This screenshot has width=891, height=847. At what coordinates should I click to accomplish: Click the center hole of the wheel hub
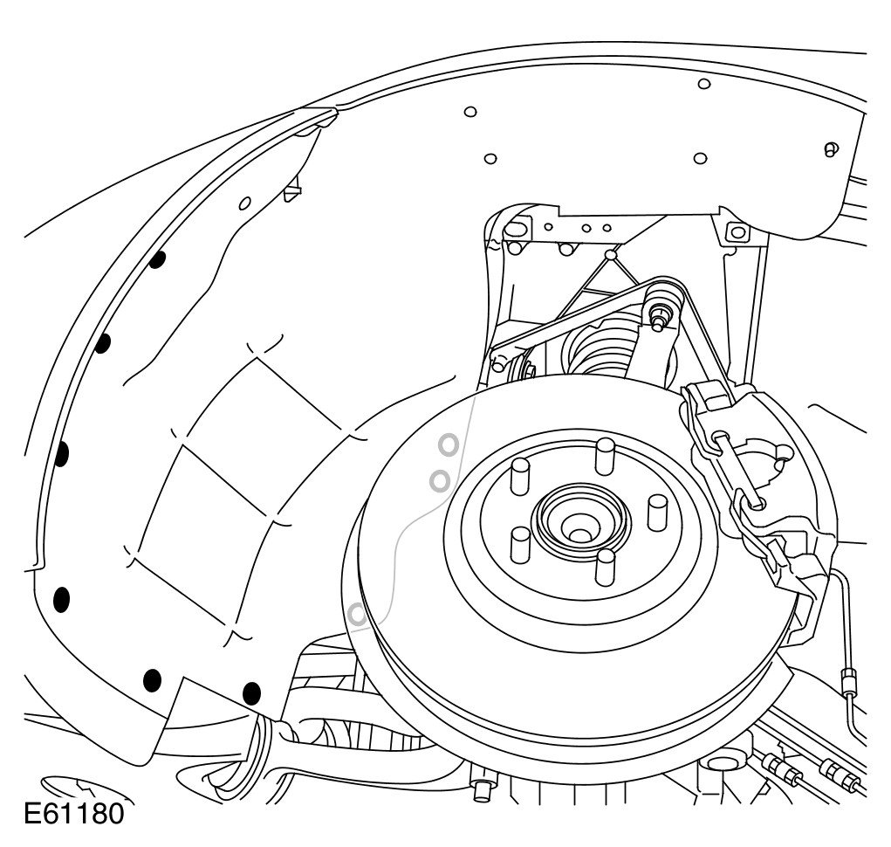coord(577,527)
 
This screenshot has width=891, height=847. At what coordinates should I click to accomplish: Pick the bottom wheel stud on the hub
coord(605,568)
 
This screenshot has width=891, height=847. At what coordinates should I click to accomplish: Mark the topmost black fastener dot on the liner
coord(158,259)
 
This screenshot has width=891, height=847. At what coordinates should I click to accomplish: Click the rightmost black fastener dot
coord(251,694)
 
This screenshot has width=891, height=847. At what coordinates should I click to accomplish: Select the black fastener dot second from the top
coord(102,343)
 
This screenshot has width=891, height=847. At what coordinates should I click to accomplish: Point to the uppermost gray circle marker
coord(449,444)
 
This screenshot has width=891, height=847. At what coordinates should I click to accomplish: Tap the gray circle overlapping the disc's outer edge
coord(357,615)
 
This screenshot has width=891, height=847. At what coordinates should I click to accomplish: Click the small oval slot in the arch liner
coord(245,204)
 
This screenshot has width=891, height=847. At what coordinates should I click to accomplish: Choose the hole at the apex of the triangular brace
coord(610,255)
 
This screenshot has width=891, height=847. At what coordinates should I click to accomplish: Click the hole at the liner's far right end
coord(831,148)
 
